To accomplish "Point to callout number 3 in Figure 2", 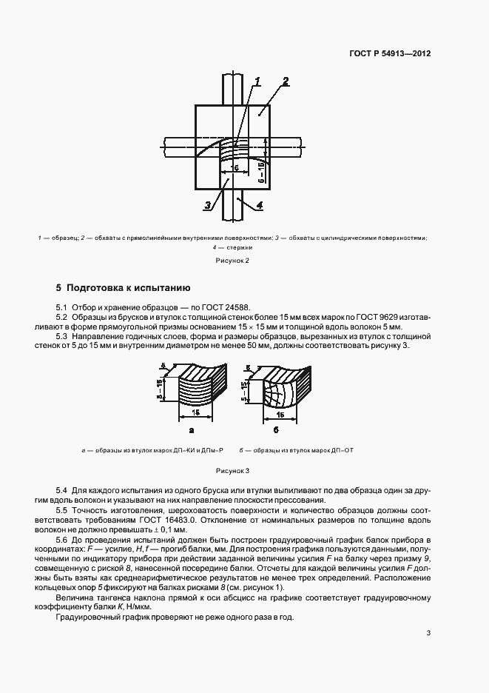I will [209, 204].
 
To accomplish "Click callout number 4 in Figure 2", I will [259, 204].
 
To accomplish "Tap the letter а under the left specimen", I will [192, 429].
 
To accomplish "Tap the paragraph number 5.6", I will [62, 540].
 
